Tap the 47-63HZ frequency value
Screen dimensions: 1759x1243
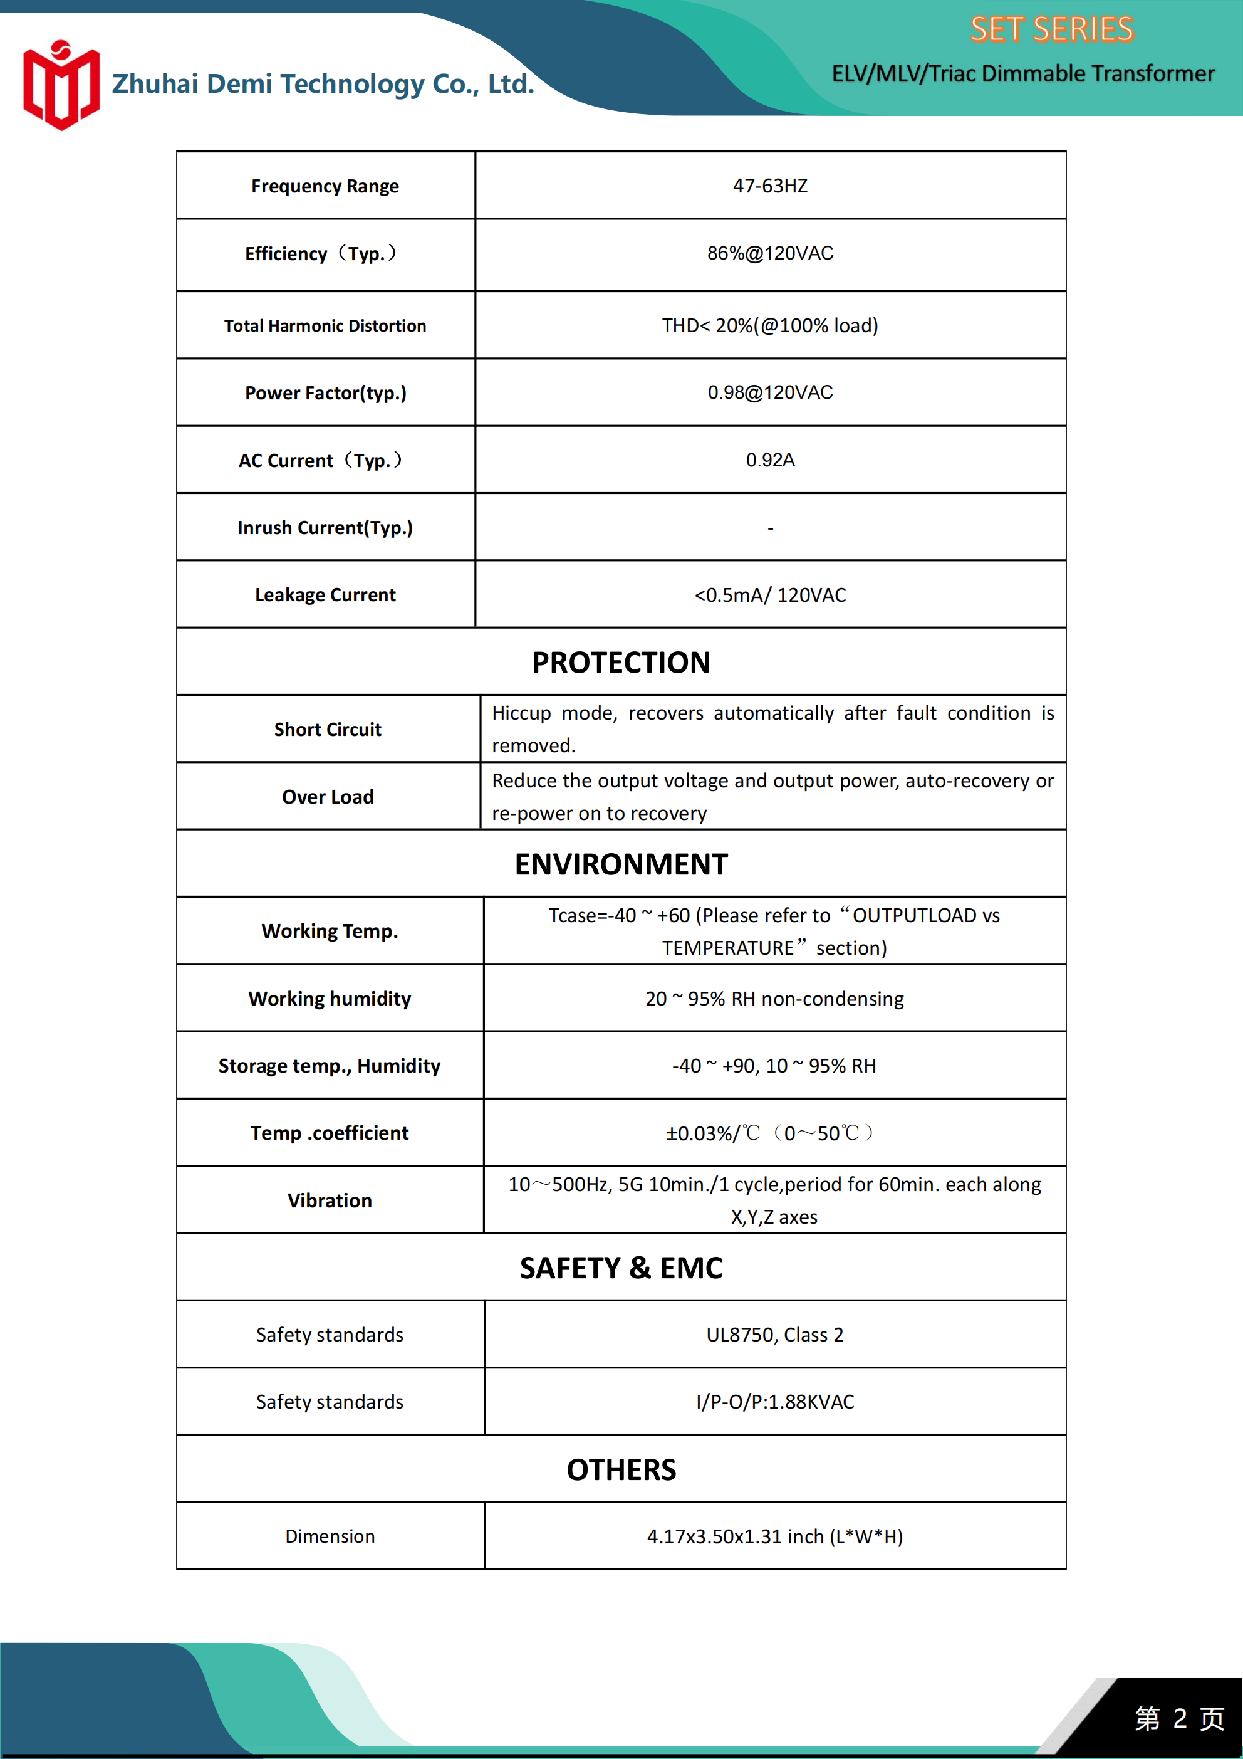pos(770,186)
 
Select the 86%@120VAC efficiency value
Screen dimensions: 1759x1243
pos(770,254)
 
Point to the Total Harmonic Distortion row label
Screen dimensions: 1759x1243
pos(325,325)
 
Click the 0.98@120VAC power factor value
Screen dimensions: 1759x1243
pos(770,393)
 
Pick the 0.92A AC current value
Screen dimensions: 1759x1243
pos(770,460)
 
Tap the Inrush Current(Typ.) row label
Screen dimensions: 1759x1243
pos(325,528)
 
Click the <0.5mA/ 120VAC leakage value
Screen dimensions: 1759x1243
pos(770,596)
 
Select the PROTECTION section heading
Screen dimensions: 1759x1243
pos(621,663)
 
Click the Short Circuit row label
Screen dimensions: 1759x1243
pos(328,729)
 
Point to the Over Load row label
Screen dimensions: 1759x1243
pos(328,797)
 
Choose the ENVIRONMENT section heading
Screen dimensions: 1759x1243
pos(621,864)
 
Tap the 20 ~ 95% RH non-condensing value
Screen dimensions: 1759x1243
pos(774,999)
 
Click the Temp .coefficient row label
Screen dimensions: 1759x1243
pos(330,1133)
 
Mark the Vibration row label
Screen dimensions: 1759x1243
pos(330,1200)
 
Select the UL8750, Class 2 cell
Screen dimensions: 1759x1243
pos(774,1335)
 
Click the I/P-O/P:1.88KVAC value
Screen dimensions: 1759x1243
pos(774,1402)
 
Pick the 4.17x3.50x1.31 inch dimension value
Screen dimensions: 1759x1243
pos(774,1537)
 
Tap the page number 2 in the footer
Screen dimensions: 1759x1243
pos(1180,1718)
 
